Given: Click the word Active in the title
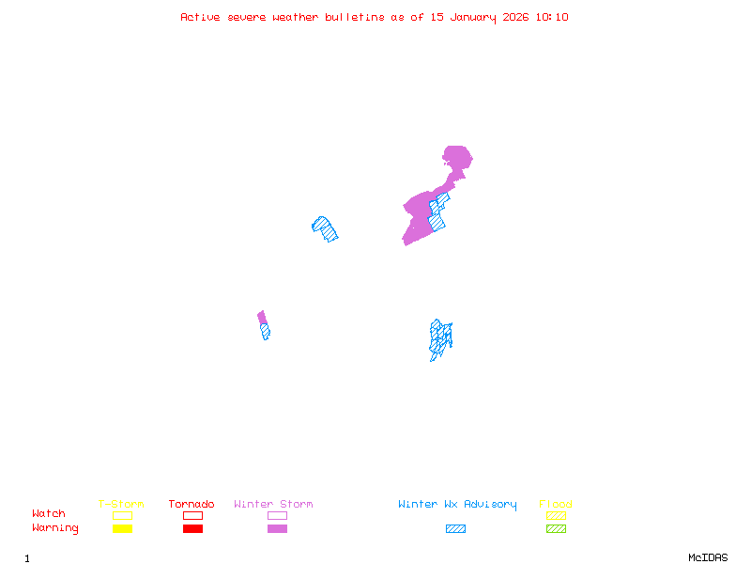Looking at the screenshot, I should click(x=200, y=17).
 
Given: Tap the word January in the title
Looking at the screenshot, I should click(x=470, y=17).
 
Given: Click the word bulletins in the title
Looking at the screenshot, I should click(x=355, y=17).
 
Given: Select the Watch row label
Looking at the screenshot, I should click(x=49, y=514).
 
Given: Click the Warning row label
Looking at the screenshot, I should click(x=55, y=528).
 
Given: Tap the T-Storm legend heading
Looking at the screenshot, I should click(x=121, y=505).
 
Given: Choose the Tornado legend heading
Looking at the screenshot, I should click(x=192, y=505).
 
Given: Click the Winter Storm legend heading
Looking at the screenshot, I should click(x=273, y=505).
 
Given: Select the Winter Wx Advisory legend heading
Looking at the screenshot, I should click(x=457, y=505).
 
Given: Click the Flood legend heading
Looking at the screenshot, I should click(x=556, y=505).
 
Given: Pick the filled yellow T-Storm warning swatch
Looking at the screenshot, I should click(x=122, y=528).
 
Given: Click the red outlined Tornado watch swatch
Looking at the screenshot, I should click(x=192, y=515).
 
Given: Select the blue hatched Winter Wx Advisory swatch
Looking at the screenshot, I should click(x=455, y=528).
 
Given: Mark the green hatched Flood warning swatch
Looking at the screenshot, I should click(x=556, y=528).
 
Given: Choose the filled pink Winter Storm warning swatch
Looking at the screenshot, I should click(x=277, y=528).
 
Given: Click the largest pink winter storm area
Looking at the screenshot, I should click(x=420, y=211).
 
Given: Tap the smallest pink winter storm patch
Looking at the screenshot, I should click(x=262, y=317).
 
